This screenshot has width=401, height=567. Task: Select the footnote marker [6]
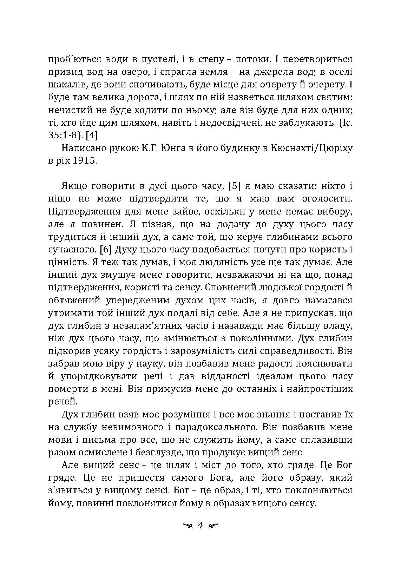tap(106, 250)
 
